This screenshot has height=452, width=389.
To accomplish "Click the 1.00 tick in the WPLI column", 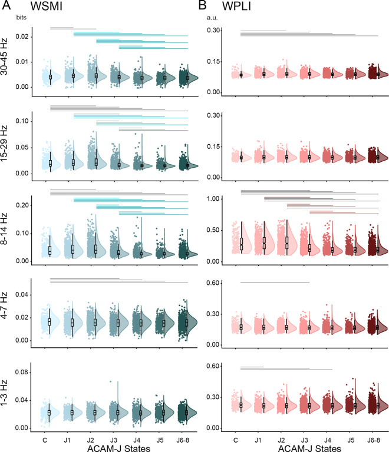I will point(212,199).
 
